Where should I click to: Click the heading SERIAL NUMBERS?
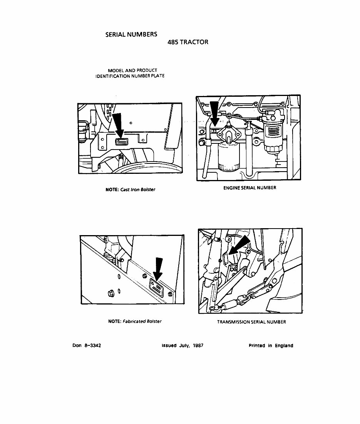[x=131, y=34]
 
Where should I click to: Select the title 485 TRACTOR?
[x=188, y=42]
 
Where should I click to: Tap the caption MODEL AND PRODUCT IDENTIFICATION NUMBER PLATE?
[x=130, y=73]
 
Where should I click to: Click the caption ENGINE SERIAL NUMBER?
[x=249, y=188]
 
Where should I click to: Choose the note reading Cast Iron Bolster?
[x=130, y=190]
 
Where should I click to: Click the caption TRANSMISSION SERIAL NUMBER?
[x=251, y=322]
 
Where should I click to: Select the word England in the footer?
[x=284, y=346]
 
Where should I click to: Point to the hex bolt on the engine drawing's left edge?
[x=201, y=143]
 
